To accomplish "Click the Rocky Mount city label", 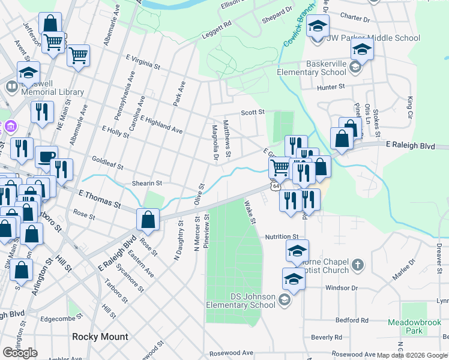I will [100, 337].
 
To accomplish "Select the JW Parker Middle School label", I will [373, 38].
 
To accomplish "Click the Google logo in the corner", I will [20, 352].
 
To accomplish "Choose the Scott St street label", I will [253, 112].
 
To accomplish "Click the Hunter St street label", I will [331, 86].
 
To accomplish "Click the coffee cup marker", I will [46, 157].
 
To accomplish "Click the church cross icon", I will [357, 265].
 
